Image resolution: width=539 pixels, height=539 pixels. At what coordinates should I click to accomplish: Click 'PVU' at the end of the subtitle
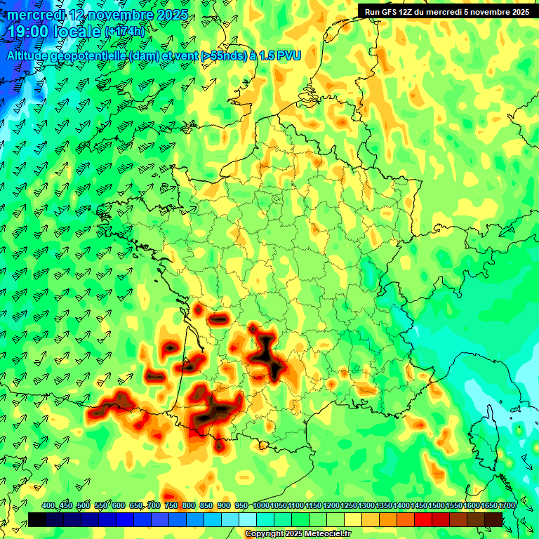(x=289, y=55)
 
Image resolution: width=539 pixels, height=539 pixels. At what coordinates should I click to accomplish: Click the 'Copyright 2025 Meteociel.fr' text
(x=298, y=534)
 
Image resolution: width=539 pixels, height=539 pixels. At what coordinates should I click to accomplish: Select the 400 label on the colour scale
(x=48, y=506)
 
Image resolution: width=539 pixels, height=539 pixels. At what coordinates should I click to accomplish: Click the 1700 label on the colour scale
(x=507, y=506)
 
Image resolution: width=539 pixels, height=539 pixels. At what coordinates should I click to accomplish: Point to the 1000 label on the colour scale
(x=260, y=506)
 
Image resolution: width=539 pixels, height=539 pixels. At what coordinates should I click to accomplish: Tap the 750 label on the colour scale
(x=171, y=506)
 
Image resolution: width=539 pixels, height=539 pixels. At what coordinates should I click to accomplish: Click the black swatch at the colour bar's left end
(x=37, y=519)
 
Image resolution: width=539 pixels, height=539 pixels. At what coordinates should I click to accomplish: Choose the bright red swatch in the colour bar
(x=423, y=519)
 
